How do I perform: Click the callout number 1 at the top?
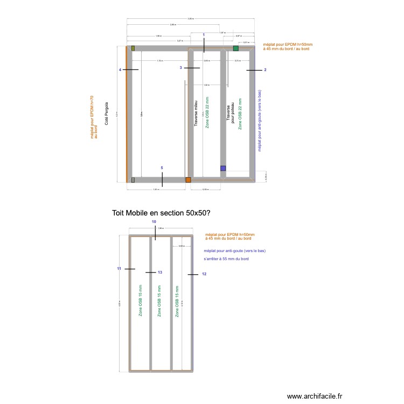point(204,35)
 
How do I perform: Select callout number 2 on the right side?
point(265,71)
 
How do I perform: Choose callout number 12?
point(204,274)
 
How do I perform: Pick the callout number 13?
point(159,273)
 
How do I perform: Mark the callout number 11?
point(119,268)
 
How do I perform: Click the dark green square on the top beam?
point(235,48)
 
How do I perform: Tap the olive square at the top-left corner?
point(133,48)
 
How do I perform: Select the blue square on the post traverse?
point(223,168)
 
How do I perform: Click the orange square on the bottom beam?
point(188,180)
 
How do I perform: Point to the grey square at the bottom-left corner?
point(133,180)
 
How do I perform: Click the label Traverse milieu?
point(196,113)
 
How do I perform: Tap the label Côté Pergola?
point(107,113)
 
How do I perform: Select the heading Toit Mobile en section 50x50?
point(161,213)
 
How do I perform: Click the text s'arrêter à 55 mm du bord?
point(226,259)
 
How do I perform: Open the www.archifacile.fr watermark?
point(314,396)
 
